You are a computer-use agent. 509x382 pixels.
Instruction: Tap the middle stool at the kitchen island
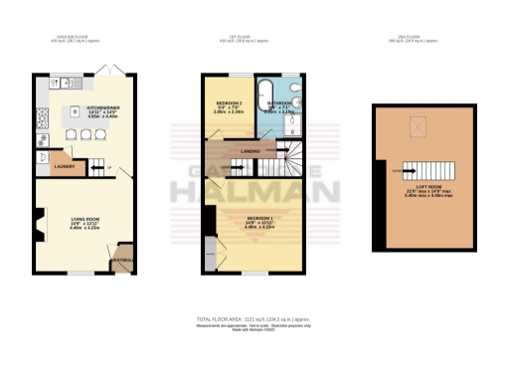point(85,136)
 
